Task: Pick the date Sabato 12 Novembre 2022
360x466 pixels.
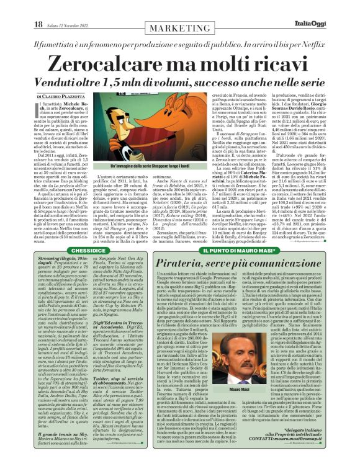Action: [68, 25]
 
